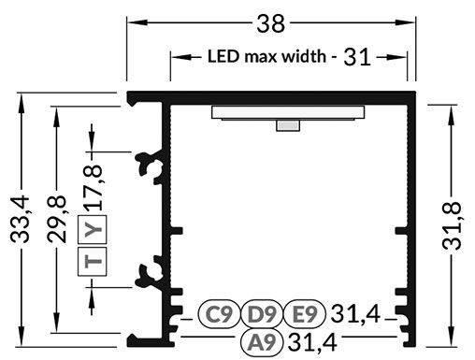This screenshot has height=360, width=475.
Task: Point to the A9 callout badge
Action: [259, 343]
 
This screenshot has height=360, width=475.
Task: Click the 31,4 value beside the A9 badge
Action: [312, 343]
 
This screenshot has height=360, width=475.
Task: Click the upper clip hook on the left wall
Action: [149, 166]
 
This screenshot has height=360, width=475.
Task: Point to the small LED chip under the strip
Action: [287, 126]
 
